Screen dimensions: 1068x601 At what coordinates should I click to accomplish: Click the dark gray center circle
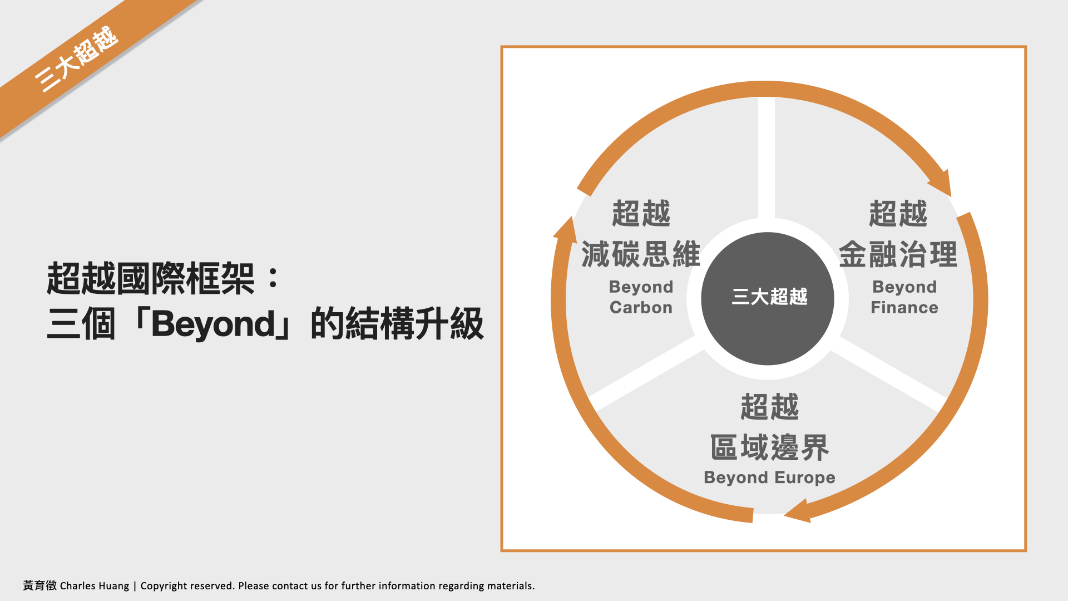click(x=768, y=299)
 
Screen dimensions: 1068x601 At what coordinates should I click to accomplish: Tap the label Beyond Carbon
click(x=641, y=297)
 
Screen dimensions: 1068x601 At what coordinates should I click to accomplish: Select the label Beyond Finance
click(x=904, y=297)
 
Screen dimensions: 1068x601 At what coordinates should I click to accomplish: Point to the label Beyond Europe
click(x=769, y=478)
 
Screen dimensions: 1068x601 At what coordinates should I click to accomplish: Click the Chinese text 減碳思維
click(x=641, y=254)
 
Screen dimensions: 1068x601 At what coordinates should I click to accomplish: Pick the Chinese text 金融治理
click(x=898, y=254)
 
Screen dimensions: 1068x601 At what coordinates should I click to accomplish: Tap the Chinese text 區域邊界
click(x=770, y=448)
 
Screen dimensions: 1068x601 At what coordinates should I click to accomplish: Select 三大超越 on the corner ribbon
click(x=76, y=59)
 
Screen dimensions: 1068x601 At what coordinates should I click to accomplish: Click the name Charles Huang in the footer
click(x=95, y=586)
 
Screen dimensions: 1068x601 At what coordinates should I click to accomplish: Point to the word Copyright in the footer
click(x=164, y=586)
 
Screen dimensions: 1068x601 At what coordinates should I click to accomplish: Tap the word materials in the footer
click(x=511, y=586)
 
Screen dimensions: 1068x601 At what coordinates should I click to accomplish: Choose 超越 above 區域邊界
click(x=770, y=407)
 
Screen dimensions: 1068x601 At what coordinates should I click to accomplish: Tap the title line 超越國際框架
click(x=151, y=278)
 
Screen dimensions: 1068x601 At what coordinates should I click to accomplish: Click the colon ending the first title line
click(x=273, y=278)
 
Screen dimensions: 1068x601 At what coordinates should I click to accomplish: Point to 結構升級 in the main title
click(x=414, y=324)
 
